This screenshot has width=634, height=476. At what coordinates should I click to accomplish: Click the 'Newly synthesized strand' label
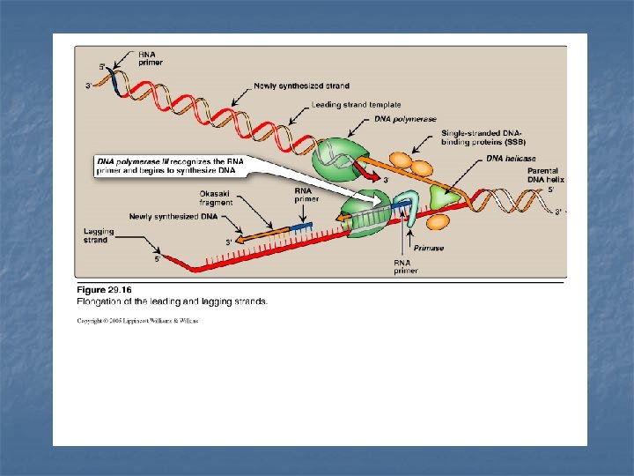pos(290,85)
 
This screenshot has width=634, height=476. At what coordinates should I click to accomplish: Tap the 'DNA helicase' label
pos(506,159)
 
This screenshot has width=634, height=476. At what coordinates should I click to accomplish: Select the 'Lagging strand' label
pos(95,235)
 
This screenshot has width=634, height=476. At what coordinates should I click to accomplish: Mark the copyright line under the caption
pos(137,321)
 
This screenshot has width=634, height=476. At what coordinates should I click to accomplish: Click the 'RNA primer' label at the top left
pos(150,58)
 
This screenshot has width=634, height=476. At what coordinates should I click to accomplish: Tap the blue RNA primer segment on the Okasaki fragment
pos(300,227)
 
